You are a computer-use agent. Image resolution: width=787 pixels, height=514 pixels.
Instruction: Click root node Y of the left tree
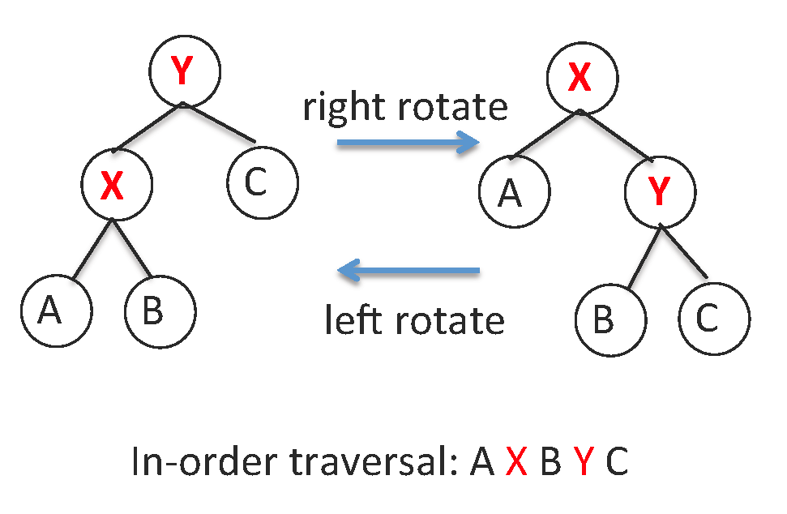pyautogui.click(x=184, y=71)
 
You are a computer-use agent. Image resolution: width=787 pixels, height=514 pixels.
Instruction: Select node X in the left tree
pyautogui.click(x=116, y=186)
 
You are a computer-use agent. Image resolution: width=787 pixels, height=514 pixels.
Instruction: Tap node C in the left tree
pyautogui.click(x=262, y=182)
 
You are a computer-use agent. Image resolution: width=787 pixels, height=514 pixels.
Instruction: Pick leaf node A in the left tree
pyautogui.click(x=50, y=311)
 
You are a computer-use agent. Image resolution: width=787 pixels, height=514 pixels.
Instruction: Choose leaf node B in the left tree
pyautogui.click(x=160, y=311)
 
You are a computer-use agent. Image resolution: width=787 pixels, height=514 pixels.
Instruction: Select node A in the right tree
pyautogui.click(x=514, y=193)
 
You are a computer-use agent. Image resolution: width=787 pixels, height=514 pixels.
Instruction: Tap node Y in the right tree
pyautogui.click(x=661, y=191)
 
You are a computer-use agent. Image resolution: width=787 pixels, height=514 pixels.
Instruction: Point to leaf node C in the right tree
pyautogui.click(x=713, y=319)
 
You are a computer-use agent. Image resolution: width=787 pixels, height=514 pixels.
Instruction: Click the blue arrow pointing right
pyautogui.click(x=408, y=144)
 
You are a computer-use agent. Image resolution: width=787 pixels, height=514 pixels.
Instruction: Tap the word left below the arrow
pyautogui.click(x=350, y=320)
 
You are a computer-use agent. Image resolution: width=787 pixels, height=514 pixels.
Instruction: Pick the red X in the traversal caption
pyautogui.click(x=516, y=465)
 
